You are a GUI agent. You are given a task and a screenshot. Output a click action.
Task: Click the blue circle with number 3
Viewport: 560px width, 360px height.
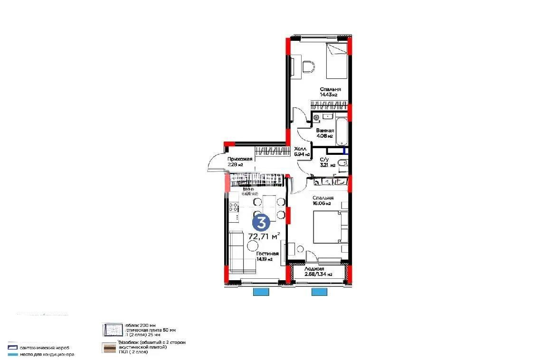[261, 222]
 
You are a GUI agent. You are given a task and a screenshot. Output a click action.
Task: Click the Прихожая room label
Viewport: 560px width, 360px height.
[239, 159]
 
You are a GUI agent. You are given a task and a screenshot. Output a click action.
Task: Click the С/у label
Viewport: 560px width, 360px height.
[324, 160]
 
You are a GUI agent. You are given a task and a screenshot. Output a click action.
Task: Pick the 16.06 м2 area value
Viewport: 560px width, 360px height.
[322, 203]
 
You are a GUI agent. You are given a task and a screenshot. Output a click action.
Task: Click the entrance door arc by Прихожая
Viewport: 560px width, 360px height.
[215, 163]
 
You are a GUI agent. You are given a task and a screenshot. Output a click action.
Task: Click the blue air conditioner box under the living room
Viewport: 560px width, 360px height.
[261, 292]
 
